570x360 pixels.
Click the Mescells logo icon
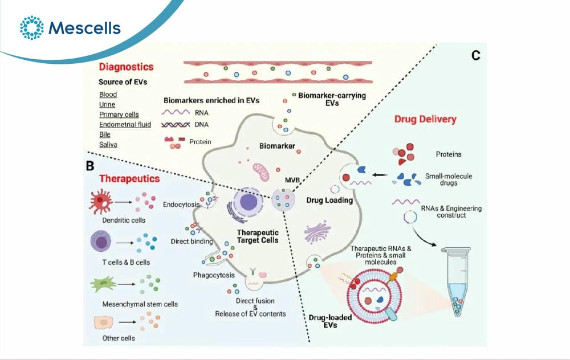(x=31, y=27)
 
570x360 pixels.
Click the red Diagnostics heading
(x=126, y=67)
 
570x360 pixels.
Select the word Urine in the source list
(x=107, y=105)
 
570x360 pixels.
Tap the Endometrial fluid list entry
(x=125, y=125)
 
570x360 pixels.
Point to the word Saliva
(x=108, y=145)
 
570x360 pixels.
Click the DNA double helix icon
(x=176, y=125)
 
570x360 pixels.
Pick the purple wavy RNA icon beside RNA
(x=176, y=113)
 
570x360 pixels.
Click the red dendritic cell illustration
(x=101, y=202)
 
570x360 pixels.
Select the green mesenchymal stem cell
(x=103, y=284)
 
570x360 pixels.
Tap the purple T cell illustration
(x=101, y=242)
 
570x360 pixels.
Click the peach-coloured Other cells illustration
(x=103, y=322)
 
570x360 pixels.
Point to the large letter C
(x=476, y=56)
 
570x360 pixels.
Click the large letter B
(x=90, y=166)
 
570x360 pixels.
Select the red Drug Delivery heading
(x=425, y=119)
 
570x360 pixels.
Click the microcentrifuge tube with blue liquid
(x=456, y=281)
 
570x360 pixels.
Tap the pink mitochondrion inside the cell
(x=261, y=172)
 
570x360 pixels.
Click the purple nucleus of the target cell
(x=249, y=202)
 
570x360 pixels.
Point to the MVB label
(x=292, y=180)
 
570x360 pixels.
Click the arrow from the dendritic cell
(x=124, y=202)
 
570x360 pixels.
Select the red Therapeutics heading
(x=129, y=179)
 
